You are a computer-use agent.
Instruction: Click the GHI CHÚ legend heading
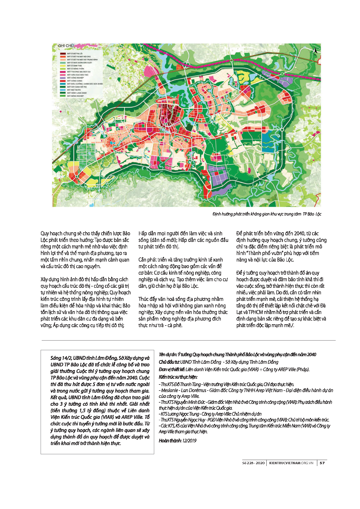click(66, 46)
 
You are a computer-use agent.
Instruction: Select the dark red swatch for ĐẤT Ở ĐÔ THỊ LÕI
click(63, 53)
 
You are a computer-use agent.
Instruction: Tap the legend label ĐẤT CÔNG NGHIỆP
click(76, 78)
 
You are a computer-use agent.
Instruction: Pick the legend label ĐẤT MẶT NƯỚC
click(74, 90)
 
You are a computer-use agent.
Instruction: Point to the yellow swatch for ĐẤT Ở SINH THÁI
click(63, 66)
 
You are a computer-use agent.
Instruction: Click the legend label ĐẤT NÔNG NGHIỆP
click(76, 96)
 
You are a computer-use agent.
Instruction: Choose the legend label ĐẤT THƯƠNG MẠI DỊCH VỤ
click(79, 72)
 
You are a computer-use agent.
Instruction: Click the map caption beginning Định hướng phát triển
click(267, 214)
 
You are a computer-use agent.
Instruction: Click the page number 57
click(322, 463)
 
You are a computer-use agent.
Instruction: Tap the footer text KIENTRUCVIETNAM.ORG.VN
click(291, 463)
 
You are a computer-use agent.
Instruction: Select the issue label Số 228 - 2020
click(254, 463)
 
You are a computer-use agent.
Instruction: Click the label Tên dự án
click(167, 355)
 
